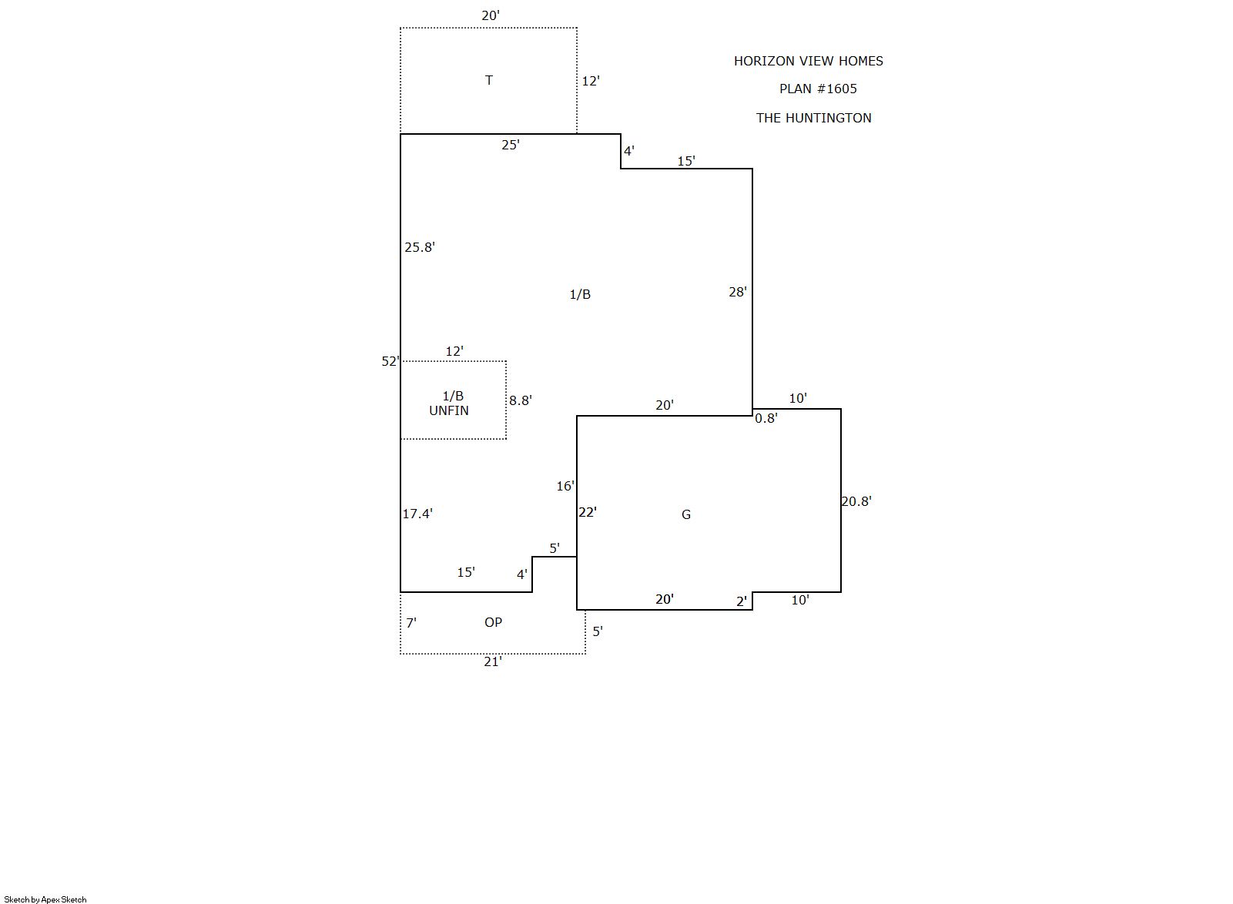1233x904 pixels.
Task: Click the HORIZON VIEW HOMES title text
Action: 808,61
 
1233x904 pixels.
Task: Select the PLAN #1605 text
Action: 818,89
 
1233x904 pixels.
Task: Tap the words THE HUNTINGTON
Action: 813,118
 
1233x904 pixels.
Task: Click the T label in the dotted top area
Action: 489,80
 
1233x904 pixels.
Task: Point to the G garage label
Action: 686,514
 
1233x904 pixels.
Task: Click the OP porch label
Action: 493,622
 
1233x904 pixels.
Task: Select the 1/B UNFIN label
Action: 449,403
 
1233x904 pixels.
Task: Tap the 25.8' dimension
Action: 420,248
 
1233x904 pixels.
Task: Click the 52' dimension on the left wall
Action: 390,361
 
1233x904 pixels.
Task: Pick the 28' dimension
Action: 738,292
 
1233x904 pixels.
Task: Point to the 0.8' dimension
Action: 766,419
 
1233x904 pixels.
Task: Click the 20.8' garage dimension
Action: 856,501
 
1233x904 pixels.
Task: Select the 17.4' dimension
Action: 417,514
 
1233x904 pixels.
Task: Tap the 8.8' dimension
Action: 520,400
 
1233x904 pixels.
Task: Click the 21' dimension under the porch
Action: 493,662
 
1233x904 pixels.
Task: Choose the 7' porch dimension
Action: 411,623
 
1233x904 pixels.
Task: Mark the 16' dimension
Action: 565,486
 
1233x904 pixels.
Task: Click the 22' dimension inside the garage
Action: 588,512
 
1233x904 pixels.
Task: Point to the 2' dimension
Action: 742,602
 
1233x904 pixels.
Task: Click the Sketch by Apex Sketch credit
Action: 45,899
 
